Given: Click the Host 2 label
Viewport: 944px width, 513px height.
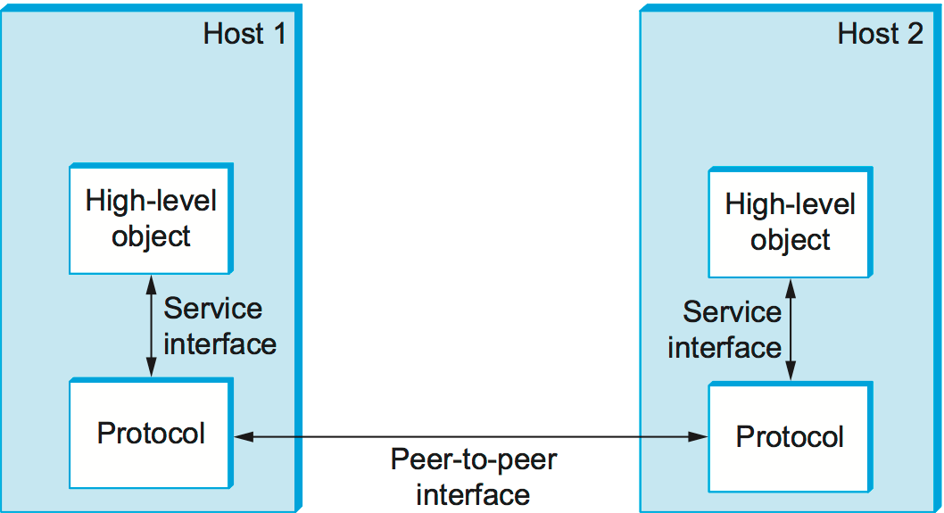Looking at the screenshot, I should click(880, 34).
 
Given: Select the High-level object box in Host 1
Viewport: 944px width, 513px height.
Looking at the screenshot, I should click(151, 219).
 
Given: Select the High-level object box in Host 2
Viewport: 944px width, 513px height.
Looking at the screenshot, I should click(790, 222).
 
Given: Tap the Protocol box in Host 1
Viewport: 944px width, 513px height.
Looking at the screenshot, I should click(151, 434).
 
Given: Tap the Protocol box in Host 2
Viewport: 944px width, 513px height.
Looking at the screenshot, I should click(790, 437).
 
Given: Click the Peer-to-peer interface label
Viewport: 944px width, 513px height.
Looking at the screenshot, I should click(473, 477).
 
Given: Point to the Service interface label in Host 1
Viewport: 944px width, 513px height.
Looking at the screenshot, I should click(219, 326).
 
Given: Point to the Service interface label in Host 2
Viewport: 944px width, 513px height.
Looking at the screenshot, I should click(725, 329).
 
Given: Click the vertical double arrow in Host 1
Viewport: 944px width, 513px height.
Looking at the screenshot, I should click(151, 326).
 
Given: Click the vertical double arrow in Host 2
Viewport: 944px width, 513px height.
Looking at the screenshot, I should click(790, 330).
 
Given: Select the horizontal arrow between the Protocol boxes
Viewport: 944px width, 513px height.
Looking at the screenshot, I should click(470, 436).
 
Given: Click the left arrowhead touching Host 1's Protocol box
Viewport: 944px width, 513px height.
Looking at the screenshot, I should click(243, 436).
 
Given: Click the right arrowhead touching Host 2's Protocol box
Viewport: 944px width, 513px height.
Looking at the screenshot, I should click(699, 436).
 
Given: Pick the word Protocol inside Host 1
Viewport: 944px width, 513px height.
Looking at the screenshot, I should click(151, 434).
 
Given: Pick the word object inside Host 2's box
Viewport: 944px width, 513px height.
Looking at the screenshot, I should click(790, 241).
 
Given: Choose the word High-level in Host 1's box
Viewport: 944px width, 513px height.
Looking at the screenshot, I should click(151, 201).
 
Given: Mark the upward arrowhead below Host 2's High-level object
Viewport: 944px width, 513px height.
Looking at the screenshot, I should click(790, 286).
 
